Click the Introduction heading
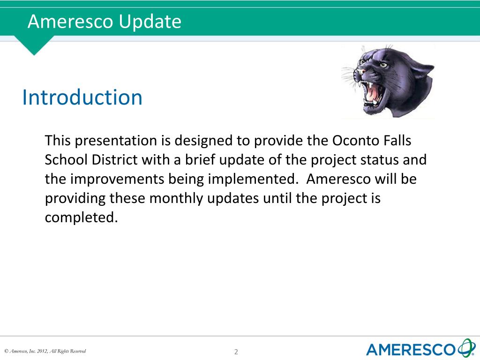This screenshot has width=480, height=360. (82, 97)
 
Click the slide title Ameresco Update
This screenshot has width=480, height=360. (105, 22)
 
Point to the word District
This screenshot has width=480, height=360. (114, 160)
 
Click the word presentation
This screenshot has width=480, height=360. (116, 141)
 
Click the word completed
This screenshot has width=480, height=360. (81, 217)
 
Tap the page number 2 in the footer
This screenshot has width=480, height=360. (236, 352)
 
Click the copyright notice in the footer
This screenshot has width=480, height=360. (45, 351)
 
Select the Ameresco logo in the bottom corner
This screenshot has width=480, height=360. (421, 348)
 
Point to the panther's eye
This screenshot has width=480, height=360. (383, 65)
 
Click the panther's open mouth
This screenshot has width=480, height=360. (373, 93)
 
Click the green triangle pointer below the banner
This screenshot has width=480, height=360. (34, 45)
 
